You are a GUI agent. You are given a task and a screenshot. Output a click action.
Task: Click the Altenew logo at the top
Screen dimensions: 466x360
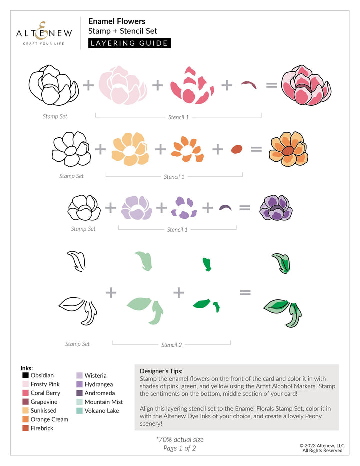tap(44, 33)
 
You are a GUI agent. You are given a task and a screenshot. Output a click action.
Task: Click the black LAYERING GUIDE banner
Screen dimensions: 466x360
tap(129, 43)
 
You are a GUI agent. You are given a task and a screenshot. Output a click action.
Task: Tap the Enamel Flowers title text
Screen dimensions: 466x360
tap(117, 21)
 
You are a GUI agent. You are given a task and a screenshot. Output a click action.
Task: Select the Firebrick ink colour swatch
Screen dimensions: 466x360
tap(26, 428)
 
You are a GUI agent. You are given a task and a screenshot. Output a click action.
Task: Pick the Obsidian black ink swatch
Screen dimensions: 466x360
tap(26, 375)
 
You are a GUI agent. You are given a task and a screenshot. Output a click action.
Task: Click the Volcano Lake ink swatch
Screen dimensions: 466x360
tap(80, 411)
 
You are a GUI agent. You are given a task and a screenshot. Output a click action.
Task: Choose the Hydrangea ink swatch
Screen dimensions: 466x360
tap(80, 384)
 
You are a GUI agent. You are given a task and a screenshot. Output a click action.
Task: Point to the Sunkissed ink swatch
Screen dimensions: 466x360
tap(26, 410)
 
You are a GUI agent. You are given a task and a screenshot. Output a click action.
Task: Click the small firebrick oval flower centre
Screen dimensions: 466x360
tap(237, 149)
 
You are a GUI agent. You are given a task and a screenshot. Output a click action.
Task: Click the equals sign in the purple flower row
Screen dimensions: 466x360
tap(244, 207)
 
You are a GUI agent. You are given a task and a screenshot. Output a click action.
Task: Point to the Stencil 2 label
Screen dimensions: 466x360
tap(171, 345)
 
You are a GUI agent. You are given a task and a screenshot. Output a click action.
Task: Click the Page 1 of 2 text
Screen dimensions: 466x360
tap(180, 448)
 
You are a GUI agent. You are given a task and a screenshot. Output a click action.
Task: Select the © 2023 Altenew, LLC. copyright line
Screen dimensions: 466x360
tap(321, 445)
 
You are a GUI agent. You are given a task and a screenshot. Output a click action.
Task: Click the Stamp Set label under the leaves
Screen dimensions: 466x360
tap(77, 344)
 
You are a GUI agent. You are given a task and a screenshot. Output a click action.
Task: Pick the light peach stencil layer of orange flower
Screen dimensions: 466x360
tap(129, 148)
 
